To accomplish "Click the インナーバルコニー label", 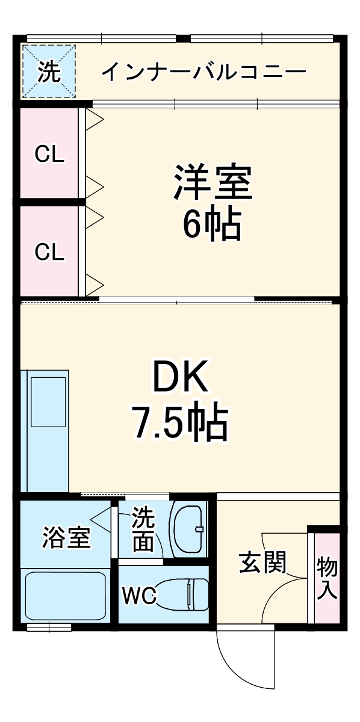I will (x=203, y=73).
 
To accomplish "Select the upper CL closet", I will (x=49, y=154).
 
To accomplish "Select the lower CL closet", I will (x=49, y=251).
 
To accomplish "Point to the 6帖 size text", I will (x=213, y=224).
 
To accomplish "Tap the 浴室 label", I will (x=66, y=537).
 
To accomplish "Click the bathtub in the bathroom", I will (x=66, y=596).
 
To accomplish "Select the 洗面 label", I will (x=143, y=529).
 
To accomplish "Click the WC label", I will (x=140, y=596).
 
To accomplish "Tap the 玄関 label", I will (x=262, y=563).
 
